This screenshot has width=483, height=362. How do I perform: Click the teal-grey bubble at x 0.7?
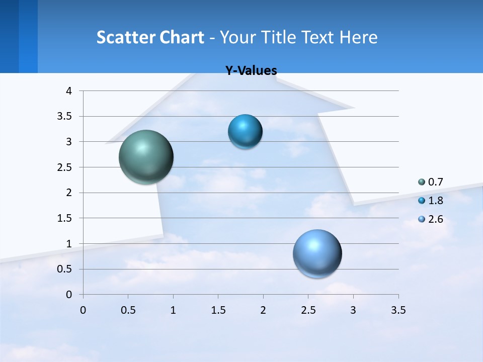[146, 157]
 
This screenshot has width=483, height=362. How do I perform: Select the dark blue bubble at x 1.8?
[245, 132]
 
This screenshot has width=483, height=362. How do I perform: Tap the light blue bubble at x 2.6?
[317, 253]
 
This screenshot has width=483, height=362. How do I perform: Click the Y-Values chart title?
[251, 71]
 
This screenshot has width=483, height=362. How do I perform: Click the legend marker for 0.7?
[422, 182]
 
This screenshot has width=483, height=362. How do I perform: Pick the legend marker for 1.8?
[422, 201]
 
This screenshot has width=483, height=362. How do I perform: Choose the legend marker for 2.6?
[422, 219]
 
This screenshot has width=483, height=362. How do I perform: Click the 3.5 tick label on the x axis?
[398, 310]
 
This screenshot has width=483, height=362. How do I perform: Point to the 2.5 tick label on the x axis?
[308, 310]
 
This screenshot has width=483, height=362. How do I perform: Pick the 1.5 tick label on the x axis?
[218, 310]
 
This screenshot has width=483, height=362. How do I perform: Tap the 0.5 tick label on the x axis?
[128, 310]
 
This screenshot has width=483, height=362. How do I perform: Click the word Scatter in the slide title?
[126, 37]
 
